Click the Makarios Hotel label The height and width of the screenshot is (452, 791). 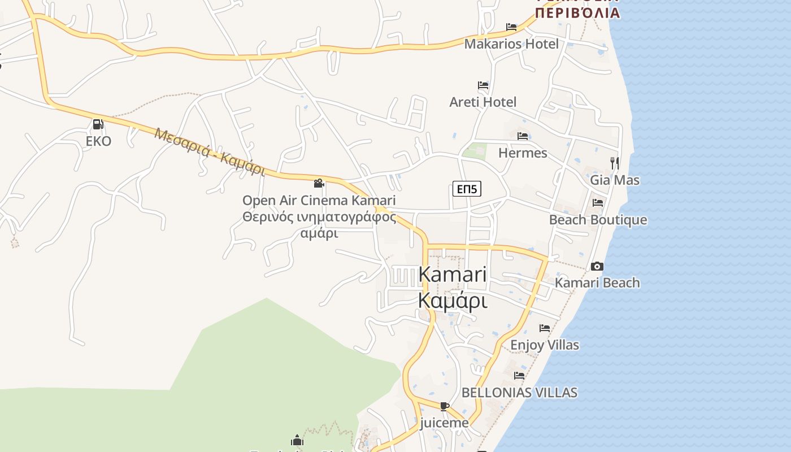coord(511,44)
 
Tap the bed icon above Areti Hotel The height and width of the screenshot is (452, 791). coord(483,86)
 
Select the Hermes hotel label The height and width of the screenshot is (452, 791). coord(523,153)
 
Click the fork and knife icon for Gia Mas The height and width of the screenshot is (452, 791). coord(615,163)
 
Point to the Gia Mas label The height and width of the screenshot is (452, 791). coord(615,180)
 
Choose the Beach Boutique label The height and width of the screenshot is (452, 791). coord(598,220)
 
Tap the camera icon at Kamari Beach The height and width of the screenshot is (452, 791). coord(597,266)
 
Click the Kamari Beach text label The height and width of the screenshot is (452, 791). coord(597,282)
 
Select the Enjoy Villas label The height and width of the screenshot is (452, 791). coord(545,345)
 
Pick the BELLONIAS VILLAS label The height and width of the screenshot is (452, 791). coord(519,392)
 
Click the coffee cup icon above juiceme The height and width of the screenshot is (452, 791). coord(445,406)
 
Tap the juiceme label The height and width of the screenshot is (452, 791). coord(444,423)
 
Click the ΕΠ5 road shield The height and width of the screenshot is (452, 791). coord(467,189)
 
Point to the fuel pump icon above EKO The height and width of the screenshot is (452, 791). coord(98,124)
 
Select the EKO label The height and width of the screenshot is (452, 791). coord(98,141)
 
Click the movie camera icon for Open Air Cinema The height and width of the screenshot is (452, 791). coord(319,183)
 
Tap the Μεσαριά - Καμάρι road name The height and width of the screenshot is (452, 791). coord(210,152)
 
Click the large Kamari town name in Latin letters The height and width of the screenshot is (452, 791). coord(453,275)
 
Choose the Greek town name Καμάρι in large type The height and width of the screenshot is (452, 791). coord(453,301)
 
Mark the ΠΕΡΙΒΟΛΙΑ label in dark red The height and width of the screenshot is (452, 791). coord(577,12)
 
